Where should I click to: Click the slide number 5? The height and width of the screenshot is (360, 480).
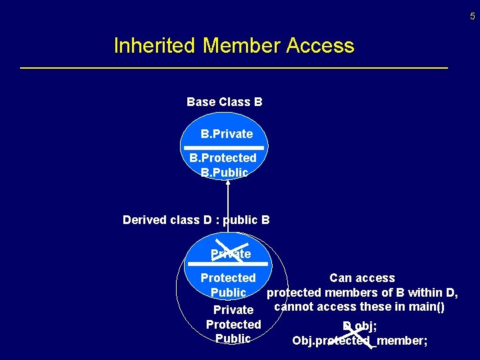tap(473, 17)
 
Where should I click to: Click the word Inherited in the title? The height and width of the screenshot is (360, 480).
tap(155, 46)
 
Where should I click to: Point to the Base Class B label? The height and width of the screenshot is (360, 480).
tap(225, 102)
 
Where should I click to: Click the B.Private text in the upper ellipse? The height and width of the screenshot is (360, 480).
tap(227, 134)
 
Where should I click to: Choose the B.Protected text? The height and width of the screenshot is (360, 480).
tap(223, 158)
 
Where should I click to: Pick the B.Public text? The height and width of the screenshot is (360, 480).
tap(225, 173)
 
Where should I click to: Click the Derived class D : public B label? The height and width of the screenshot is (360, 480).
tap(196, 220)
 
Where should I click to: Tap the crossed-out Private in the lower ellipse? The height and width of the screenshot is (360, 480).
tap(231, 254)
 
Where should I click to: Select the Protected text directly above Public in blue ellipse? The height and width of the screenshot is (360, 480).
tap(228, 278)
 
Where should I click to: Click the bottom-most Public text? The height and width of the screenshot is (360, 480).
tap(233, 339)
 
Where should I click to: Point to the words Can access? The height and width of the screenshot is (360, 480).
tap(362, 278)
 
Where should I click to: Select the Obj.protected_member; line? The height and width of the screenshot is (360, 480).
tap(360, 341)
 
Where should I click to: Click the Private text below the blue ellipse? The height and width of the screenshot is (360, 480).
tap(233, 310)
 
